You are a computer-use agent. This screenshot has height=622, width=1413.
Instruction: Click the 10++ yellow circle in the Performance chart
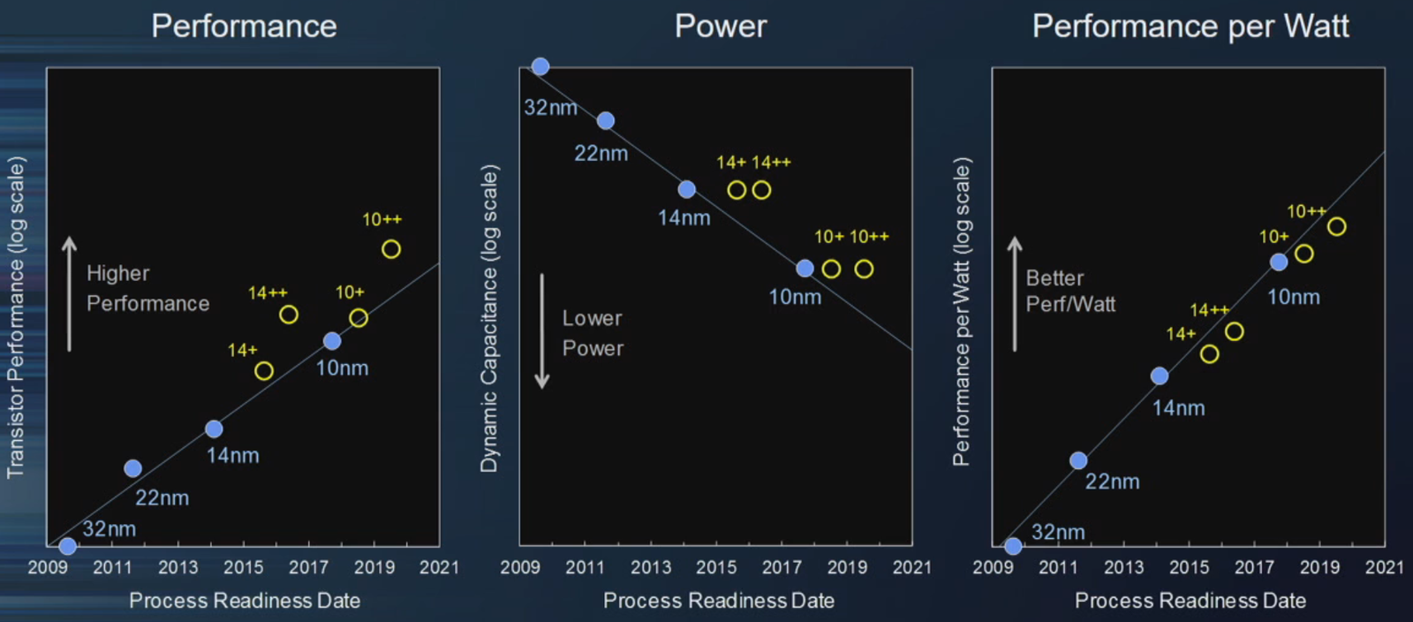391,249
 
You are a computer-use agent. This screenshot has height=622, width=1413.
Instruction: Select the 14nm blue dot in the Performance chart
214,429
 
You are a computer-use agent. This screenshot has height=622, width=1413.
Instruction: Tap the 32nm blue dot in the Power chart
540,66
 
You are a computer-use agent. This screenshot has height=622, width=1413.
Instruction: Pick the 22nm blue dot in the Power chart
606,121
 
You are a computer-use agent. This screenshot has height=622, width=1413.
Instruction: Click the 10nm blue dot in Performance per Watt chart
1279,262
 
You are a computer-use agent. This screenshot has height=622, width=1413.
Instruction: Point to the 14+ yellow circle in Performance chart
264,371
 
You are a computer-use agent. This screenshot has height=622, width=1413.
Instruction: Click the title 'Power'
721,27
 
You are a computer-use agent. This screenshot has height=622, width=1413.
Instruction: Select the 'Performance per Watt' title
1190,27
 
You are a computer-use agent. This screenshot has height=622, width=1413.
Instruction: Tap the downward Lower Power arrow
542,331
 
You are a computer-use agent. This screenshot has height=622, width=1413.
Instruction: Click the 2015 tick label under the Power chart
716,567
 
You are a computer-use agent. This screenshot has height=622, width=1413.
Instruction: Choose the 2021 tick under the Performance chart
439,567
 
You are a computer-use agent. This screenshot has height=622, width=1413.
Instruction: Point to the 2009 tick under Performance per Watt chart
993,567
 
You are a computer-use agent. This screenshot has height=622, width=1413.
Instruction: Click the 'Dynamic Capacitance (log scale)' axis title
489,318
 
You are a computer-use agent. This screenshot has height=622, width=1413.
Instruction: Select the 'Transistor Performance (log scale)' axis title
16,318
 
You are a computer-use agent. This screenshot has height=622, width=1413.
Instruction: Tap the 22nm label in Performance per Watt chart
1112,482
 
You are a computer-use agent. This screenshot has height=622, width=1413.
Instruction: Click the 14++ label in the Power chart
771,163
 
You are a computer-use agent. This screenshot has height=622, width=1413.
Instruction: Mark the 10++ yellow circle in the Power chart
864,269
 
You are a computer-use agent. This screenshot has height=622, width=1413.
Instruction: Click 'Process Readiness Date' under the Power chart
718,601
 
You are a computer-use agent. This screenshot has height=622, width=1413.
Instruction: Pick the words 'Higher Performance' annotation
147,288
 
